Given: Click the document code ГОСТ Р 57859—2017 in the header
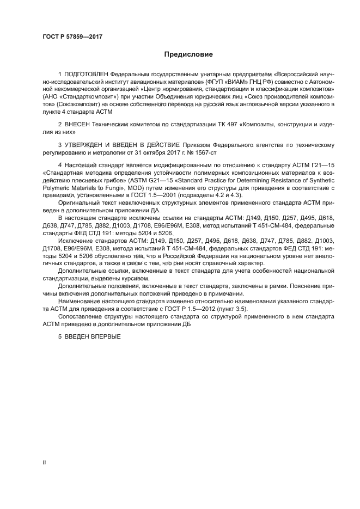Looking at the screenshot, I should click(72, 37).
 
